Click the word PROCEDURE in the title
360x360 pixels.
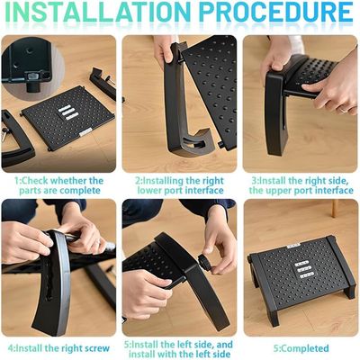[x=276, y=12]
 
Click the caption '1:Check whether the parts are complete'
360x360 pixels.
[x=59, y=185]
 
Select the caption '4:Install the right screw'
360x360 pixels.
[x=58, y=348]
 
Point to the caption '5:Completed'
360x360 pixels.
[x=301, y=348]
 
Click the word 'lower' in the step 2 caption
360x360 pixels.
[x=152, y=191]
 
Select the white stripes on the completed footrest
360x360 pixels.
[x=302, y=269]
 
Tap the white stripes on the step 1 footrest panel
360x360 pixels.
[x=67, y=112]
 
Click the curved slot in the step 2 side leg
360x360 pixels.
[x=192, y=142]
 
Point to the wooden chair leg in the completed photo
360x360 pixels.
[x=335, y=208]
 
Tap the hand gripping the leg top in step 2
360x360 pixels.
[x=164, y=48]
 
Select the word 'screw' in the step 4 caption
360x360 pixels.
[x=97, y=348]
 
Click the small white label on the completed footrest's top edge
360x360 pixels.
[x=293, y=247]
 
